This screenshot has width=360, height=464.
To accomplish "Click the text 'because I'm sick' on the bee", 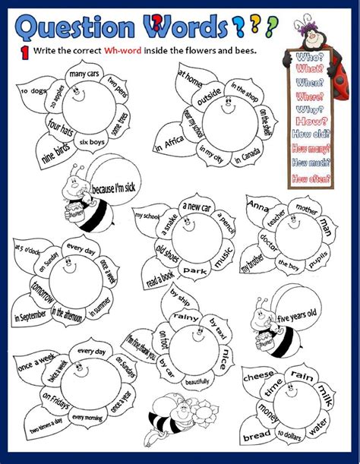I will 112,187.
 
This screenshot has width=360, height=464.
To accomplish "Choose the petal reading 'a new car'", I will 197,207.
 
